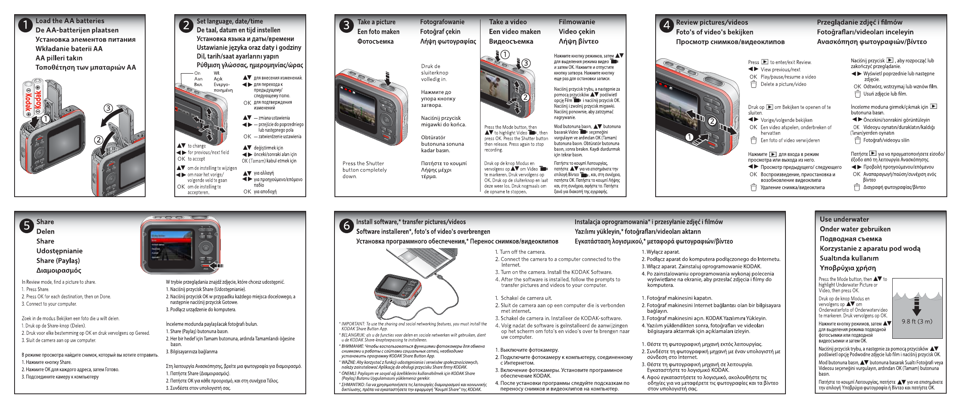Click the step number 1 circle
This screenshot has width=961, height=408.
click(x=25, y=25)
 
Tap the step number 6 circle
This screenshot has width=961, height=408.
click(x=346, y=225)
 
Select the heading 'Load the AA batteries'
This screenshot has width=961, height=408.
click(x=70, y=21)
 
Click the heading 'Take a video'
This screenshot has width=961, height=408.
click(x=508, y=22)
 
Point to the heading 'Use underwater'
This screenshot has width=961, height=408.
click(x=844, y=219)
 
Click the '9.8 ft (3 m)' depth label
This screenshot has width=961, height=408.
click(x=917, y=321)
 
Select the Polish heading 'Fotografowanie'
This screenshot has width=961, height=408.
click(x=442, y=22)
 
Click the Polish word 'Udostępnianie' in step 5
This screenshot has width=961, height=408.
click(x=59, y=251)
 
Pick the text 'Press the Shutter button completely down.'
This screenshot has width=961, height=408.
click(x=364, y=170)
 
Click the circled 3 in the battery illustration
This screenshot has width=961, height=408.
click(x=108, y=108)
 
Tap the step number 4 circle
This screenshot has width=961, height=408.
click(x=666, y=25)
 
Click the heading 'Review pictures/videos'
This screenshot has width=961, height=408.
click(x=712, y=22)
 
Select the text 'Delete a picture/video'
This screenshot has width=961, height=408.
click(x=783, y=84)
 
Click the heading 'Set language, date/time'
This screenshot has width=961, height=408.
click(x=229, y=21)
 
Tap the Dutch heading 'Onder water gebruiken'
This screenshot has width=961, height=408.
click(x=855, y=229)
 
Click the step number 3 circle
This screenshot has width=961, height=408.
click(x=346, y=25)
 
